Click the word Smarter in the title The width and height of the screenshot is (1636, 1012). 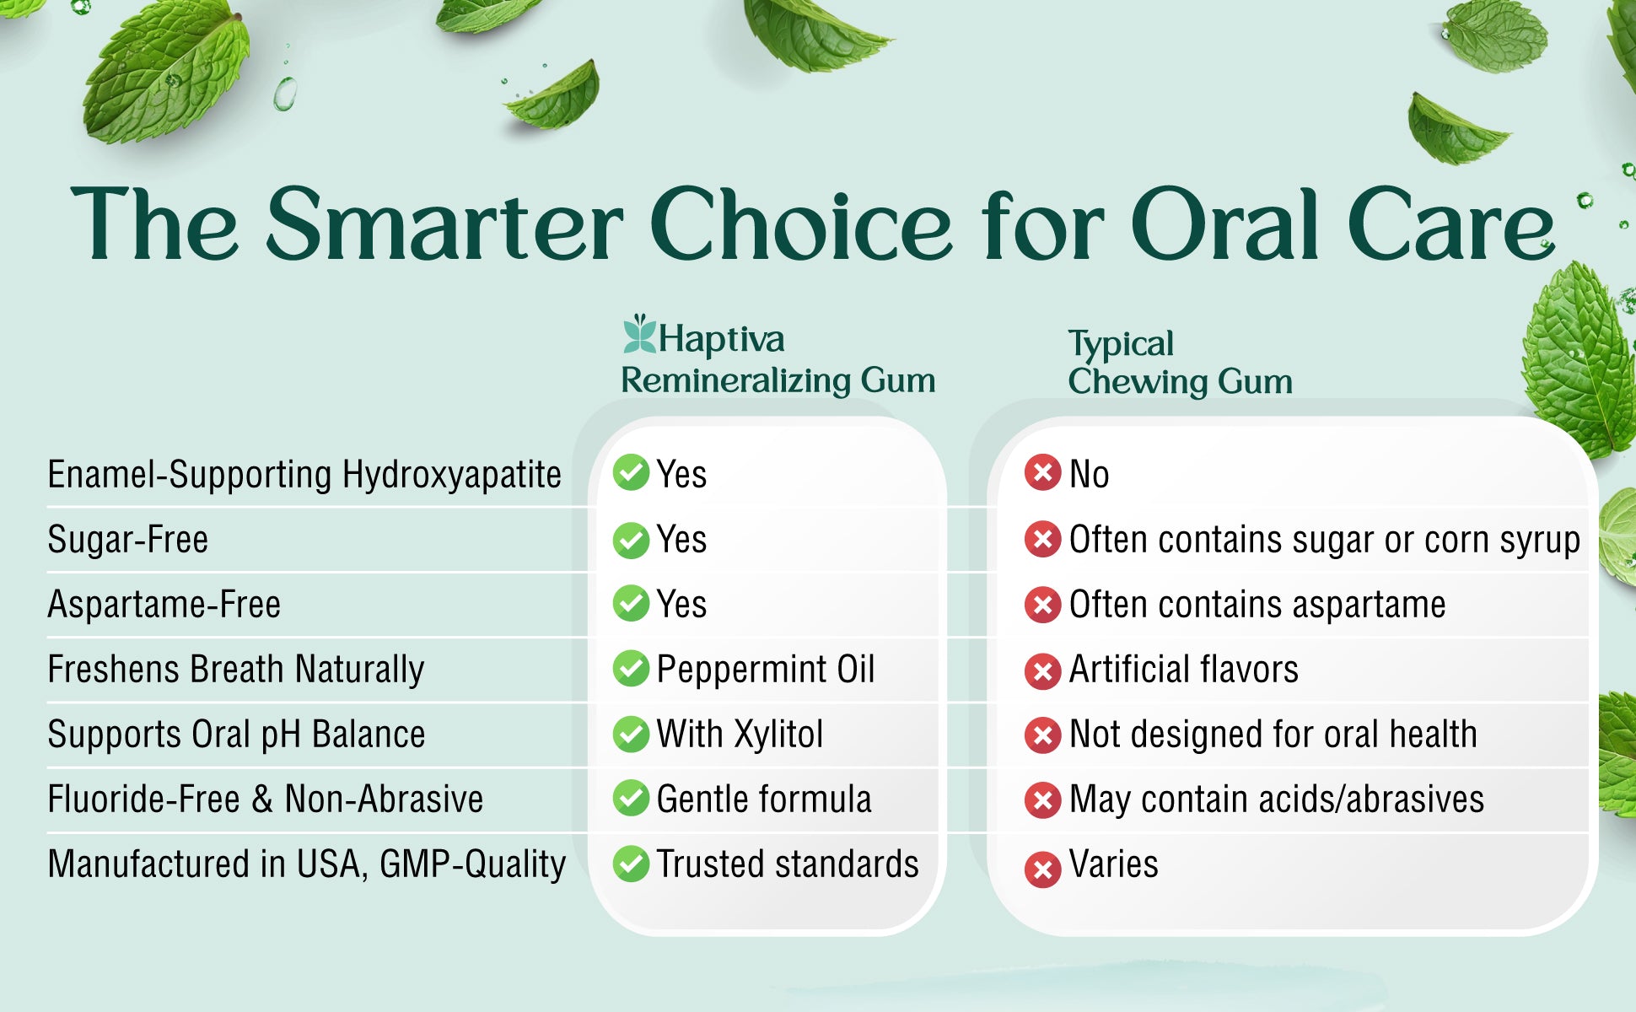click(x=446, y=225)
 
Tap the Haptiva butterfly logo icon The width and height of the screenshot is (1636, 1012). click(x=639, y=334)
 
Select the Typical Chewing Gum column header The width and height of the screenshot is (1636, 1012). click(x=1180, y=363)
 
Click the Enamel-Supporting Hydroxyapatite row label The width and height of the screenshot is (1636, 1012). click(x=304, y=474)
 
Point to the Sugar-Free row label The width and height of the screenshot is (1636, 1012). click(x=127, y=539)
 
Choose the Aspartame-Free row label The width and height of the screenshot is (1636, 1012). click(x=164, y=604)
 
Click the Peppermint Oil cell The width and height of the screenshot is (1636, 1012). click(x=766, y=670)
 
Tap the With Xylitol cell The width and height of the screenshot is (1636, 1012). click(x=740, y=734)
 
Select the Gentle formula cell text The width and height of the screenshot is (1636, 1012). click(x=764, y=799)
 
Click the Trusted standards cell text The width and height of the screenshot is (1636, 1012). click(x=788, y=864)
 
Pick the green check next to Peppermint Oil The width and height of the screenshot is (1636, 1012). click(x=631, y=669)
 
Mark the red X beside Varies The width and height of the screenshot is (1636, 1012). click(x=1042, y=869)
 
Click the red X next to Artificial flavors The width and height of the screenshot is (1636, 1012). click(x=1042, y=671)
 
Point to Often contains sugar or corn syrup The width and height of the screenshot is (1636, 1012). click(x=1325, y=540)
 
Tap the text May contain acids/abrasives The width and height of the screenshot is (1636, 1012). click(x=1277, y=799)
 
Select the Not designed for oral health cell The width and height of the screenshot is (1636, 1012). click(x=1273, y=734)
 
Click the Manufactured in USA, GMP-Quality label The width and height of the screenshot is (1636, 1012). click(x=307, y=864)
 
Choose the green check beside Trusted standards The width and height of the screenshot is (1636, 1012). click(x=631, y=864)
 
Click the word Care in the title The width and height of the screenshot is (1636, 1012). click(x=1450, y=225)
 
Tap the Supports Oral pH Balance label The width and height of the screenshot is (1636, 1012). click(x=236, y=735)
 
